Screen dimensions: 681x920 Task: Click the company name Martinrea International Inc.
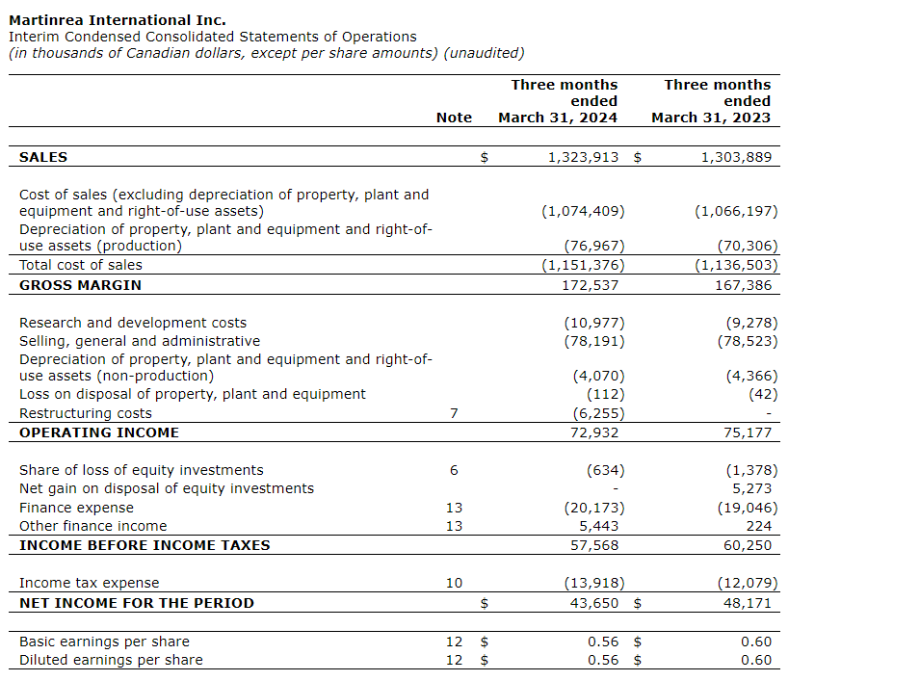(118, 20)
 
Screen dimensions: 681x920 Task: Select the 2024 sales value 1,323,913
(583, 157)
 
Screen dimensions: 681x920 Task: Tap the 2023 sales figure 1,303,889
(736, 157)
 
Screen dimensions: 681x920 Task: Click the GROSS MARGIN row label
(80, 285)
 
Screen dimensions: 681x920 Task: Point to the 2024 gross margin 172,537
(590, 285)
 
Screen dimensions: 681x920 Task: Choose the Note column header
(454, 118)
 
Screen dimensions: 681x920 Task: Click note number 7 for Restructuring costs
(454, 413)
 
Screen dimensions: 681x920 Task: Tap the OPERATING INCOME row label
(99, 432)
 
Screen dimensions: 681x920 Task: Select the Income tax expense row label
(90, 583)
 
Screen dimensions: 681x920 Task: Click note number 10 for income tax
(454, 583)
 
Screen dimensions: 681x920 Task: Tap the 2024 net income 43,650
(593, 603)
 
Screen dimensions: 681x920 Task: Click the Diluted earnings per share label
(111, 660)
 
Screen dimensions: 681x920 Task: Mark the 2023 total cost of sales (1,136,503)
(736, 265)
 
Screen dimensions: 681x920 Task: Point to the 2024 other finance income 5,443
(598, 526)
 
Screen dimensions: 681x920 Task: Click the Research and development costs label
(133, 323)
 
